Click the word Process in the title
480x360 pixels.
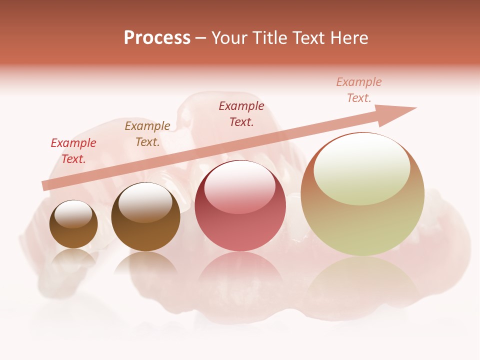(x=157, y=38)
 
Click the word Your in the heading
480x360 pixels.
(x=231, y=38)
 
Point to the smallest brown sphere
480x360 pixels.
(x=73, y=224)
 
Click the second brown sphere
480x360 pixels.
(x=145, y=216)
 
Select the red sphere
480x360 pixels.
(x=240, y=205)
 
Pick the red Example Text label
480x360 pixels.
(x=73, y=151)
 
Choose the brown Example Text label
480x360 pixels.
(x=147, y=134)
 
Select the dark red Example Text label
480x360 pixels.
(x=241, y=114)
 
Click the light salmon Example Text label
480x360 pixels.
(x=359, y=90)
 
